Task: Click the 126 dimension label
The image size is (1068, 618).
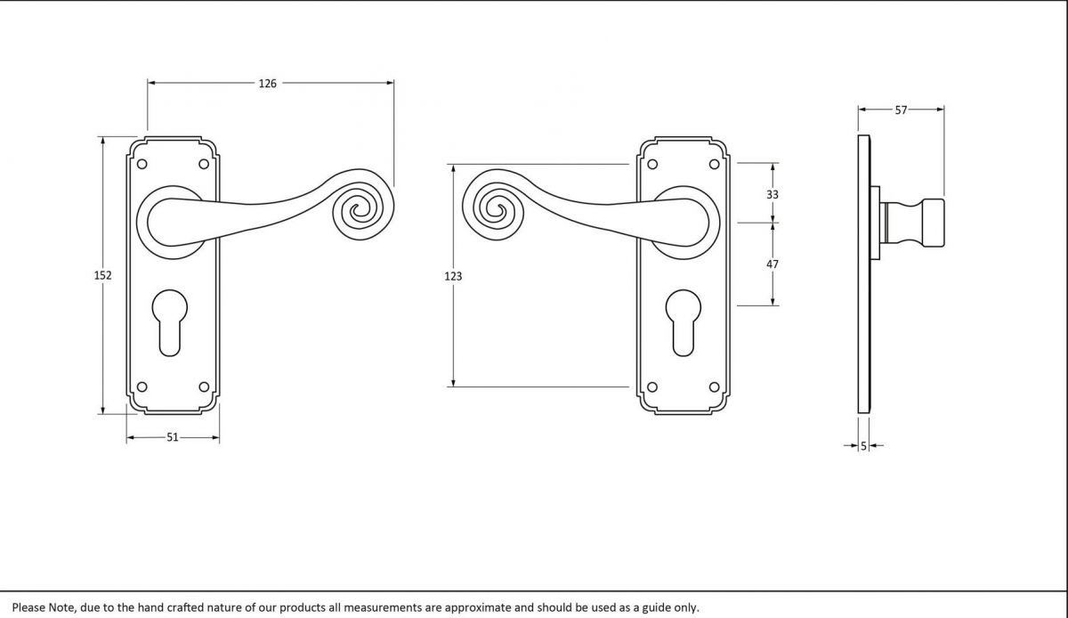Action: click(268, 84)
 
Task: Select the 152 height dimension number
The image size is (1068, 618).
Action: click(103, 276)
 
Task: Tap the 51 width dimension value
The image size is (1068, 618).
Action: click(173, 437)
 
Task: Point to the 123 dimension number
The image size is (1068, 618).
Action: click(454, 277)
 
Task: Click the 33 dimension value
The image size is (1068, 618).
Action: click(773, 194)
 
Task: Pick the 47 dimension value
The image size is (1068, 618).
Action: click(773, 264)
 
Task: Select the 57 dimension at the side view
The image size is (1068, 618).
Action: click(901, 110)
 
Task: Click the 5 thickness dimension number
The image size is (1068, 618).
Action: click(863, 445)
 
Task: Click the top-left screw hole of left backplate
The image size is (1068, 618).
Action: click(142, 164)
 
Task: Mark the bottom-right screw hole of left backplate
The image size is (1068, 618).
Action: click(205, 387)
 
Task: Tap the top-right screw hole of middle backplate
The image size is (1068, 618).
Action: click(714, 164)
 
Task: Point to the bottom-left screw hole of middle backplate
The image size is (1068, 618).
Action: click(651, 387)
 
